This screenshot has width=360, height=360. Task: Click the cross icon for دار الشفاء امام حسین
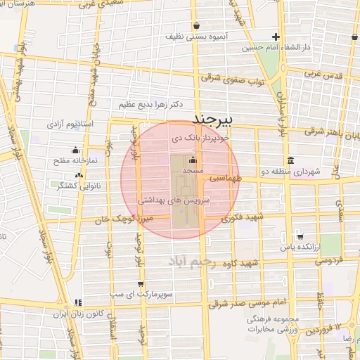(276, 37)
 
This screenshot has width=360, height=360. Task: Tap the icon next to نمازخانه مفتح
(76, 150)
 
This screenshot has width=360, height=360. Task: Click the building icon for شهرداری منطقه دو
(290, 160)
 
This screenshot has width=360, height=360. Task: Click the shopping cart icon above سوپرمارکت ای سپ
(141, 284)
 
